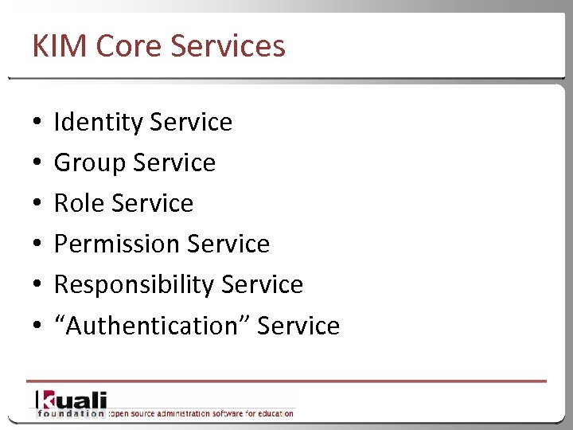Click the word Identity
coord(97,123)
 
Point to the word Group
coord(89,163)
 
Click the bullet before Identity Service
coord(37,123)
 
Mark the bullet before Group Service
coord(37,164)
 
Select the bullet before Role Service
coord(37,205)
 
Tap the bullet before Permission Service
coord(37,245)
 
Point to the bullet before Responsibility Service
coord(37,286)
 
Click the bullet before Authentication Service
coord(37,326)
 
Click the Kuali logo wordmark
coord(71,399)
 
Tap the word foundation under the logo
coord(71,413)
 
